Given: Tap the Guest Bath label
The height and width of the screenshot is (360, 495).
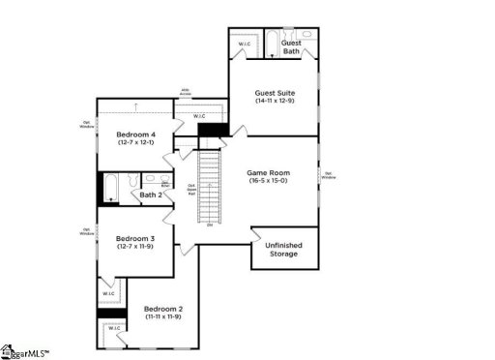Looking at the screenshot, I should pos(291,46).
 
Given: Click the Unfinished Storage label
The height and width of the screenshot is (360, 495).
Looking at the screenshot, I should pos(282,250).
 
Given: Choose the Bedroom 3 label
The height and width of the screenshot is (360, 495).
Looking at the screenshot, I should pos(135,238).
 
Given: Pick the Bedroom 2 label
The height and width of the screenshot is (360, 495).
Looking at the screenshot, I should pos(163,309).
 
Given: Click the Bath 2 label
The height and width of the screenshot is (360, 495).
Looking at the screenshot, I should pos(150,195).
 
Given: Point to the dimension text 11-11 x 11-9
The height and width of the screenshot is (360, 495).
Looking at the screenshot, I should pos(163,317).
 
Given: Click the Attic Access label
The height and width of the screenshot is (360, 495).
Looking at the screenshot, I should pos(185,93).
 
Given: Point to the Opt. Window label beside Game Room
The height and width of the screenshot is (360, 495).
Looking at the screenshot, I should pos(329,175).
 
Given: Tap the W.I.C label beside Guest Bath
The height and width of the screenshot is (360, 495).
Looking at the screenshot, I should pos(245,44).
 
